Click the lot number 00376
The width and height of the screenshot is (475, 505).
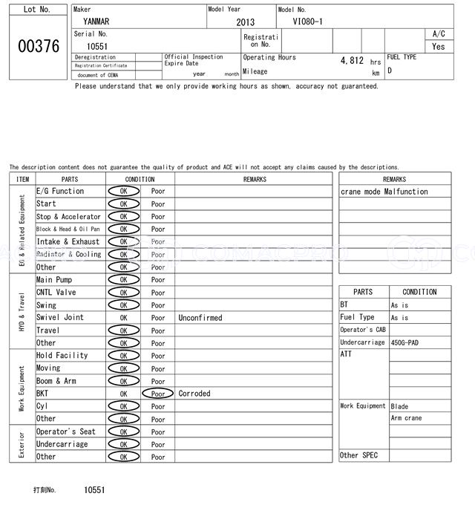(39, 46)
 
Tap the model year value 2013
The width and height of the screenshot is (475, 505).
(245, 22)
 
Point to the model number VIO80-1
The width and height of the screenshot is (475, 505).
(308, 22)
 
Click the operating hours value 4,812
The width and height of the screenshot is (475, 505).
(352, 60)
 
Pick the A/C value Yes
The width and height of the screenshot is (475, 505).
(439, 46)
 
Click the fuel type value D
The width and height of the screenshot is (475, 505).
(390, 71)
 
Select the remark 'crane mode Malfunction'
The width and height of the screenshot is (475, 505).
(384, 192)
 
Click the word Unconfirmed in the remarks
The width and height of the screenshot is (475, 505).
(200, 318)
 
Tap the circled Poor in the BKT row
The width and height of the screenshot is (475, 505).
(158, 394)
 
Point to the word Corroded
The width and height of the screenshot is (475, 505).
(194, 394)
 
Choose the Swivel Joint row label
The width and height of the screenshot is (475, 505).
(60, 318)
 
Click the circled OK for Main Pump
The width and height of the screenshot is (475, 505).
(123, 280)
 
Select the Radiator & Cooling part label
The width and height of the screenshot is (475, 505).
(68, 255)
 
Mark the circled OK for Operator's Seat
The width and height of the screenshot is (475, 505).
(123, 431)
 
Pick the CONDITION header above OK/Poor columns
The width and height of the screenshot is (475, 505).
(140, 179)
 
